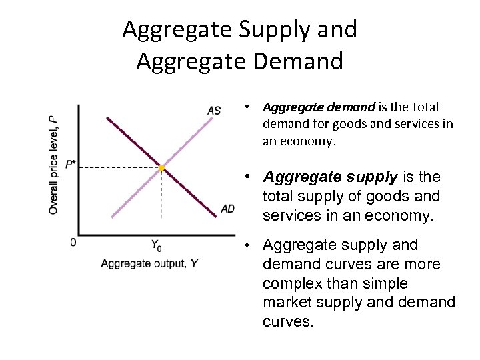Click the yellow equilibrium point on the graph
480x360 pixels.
click(x=161, y=168)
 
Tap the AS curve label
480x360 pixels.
click(x=213, y=111)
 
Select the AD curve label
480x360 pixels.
click(x=227, y=209)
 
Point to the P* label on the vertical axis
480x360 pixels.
click(x=71, y=164)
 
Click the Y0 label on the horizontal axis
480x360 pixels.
click(x=156, y=245)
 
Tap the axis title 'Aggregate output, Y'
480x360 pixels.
click(x=149, y=264)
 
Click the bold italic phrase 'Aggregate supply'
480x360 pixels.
click(x=331, y=177)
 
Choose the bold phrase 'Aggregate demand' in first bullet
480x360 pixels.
click(x=319, y=107)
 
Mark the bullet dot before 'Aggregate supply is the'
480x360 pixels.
click(x=247, y=177)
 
